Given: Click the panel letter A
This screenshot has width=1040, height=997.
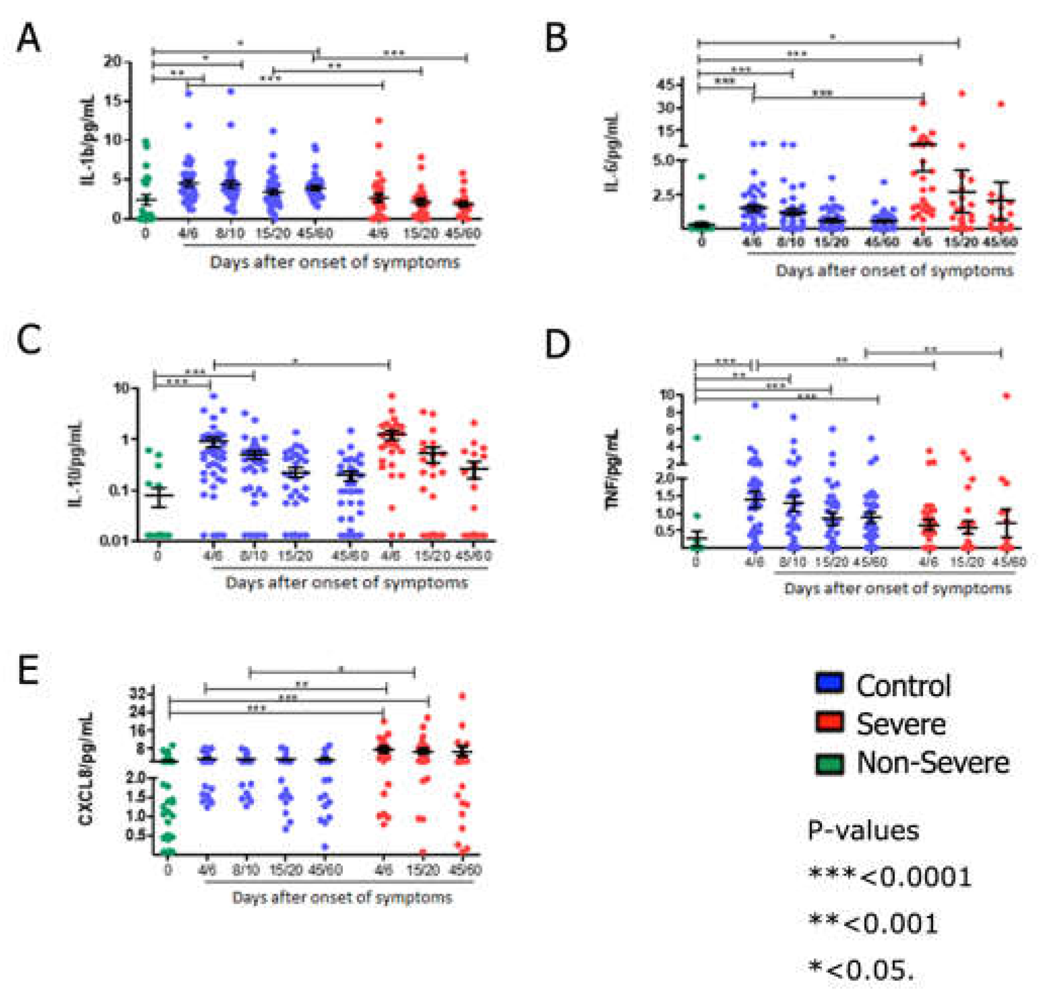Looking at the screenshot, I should coord(29,39).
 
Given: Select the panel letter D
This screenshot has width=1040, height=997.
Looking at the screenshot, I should coord(557,344).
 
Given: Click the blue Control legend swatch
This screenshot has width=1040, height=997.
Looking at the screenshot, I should coord(829,683).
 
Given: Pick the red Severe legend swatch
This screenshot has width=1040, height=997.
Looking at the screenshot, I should coord(829,722).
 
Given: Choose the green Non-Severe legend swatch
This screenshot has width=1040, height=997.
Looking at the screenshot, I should coord(829,762).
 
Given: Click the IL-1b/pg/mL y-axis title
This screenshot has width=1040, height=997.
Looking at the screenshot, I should coord(88,141).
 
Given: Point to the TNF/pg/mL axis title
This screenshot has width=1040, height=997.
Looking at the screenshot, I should coord(614,469).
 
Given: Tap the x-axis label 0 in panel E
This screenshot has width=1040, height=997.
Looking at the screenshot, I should coord(168,870).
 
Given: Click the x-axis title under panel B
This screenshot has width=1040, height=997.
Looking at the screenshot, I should coord(894,271).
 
